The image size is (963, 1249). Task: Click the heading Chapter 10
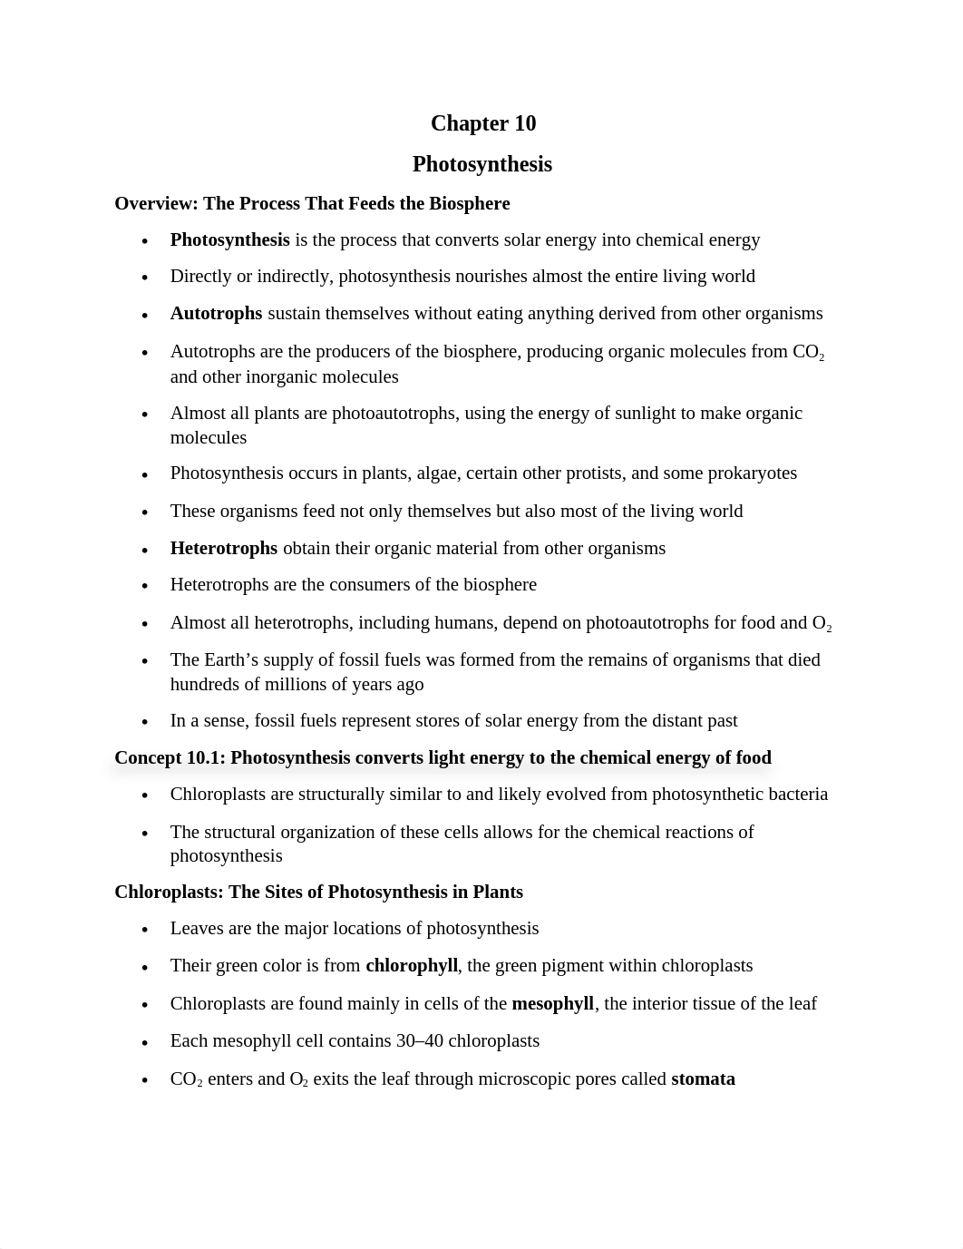point(482,123)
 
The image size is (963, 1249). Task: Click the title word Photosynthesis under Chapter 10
point(481,164)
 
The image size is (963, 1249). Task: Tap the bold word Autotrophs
point(216,314)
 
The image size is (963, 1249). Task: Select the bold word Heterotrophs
point(224,549)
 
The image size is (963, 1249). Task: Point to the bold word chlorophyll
point(412,966)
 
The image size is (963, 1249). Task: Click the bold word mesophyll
point(552,1004)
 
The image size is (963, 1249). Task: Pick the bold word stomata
point(703,1079)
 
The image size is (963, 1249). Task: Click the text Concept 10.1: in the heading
point(170,758)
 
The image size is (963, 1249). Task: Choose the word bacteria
point(797,795)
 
